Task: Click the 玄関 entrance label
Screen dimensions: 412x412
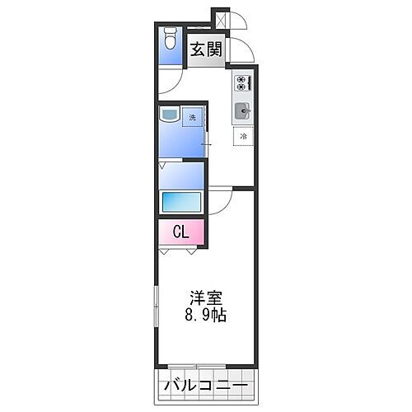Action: (x=206, y=50)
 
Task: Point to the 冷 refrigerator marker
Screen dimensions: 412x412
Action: (x=244, y=136)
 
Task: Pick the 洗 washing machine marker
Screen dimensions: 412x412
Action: (x=193, y=117)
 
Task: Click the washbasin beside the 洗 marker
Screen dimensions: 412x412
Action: (x=170, y=116)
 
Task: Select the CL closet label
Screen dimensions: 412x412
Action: (x=180, y=232)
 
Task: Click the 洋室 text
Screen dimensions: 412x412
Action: (x=205, y=298)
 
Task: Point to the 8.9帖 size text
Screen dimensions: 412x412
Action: (x=205, y=315)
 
